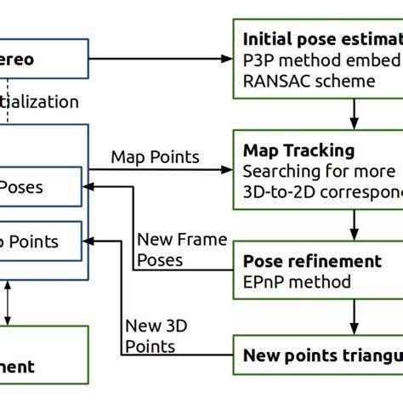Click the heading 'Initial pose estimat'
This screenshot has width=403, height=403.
pos(321,39)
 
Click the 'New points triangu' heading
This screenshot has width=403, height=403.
pos(321,355)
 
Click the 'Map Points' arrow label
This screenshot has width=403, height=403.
pos(155,156)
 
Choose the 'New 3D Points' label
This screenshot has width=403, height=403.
pos(150,335)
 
